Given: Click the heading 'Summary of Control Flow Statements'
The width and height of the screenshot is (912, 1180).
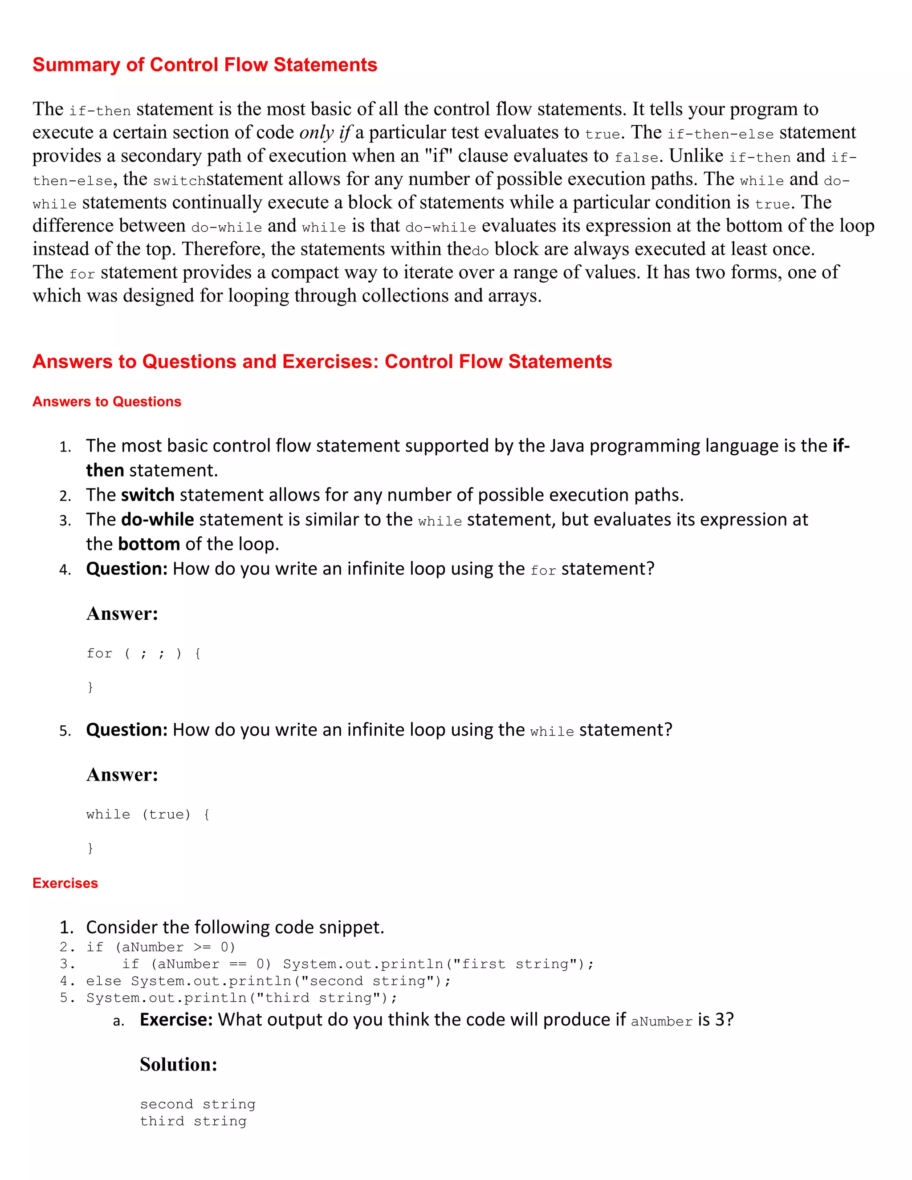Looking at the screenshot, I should tap(204, 65).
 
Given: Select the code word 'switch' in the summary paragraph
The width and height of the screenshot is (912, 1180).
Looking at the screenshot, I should tap(179, 180).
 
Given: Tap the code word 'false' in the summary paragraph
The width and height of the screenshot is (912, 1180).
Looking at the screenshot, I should tap(636, 157).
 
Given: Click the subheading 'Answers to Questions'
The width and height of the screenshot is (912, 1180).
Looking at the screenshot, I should tap(106, 402).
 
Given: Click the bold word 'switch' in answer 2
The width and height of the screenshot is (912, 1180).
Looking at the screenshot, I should tap(147, 495).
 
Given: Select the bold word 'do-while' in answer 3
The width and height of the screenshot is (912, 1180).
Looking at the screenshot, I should tap(157, 519).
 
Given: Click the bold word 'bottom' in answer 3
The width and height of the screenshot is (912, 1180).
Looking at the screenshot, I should tap(149, 544).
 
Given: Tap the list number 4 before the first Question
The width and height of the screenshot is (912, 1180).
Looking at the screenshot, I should tap(65, 570).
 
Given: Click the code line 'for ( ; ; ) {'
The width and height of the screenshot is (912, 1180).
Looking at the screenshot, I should tap(144, 653).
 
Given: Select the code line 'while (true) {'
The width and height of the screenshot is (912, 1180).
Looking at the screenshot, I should tap(148, 814).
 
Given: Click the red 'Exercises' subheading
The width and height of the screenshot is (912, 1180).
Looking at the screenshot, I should tap(65, 883).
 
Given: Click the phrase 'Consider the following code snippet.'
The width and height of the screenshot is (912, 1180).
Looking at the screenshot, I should tap(235, 927).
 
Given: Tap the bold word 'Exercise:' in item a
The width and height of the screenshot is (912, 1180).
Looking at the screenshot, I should tap(176, 1020).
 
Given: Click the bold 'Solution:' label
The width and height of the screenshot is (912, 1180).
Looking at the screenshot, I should tap(178, 1064).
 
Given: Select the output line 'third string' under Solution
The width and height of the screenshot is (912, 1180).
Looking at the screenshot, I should tap(193, 1121).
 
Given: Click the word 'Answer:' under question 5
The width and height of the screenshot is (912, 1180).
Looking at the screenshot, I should tap(122, 775).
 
